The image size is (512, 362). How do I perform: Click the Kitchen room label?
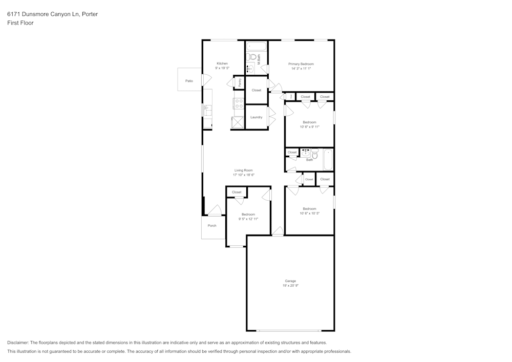[222, 63]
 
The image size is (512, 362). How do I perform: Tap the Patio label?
[189, 81]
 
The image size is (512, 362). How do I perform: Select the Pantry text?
[240, 82]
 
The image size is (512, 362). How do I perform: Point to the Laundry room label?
[256, 117]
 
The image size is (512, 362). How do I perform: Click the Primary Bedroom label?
[301, 64]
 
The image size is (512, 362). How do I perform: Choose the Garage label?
[290, 281]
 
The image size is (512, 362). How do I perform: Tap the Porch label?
[212, 225]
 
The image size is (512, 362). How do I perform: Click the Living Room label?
[243, 171]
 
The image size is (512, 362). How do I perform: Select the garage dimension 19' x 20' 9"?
[290, 286]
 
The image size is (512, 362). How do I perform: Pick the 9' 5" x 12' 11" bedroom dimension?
[248, 219]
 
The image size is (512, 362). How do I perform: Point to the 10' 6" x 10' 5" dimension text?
[309, 214]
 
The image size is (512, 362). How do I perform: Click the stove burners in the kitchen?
[239, 103]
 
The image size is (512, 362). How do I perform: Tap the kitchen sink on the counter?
[207, 109]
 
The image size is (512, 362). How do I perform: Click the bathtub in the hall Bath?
[328, 159]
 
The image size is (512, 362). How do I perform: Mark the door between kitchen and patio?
[207, 80]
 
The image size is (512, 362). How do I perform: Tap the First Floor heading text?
[20, 23]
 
